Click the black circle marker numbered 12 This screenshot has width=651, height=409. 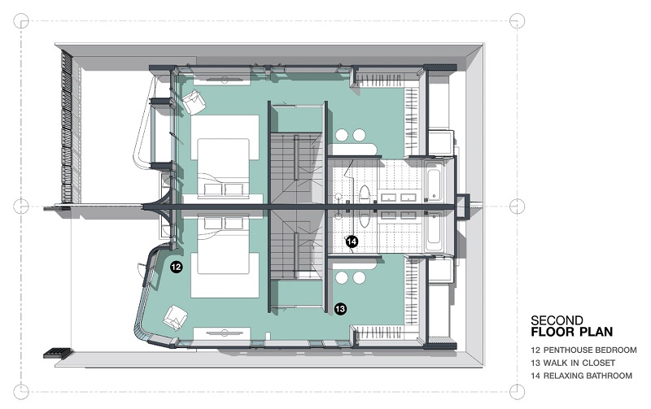tap(176, 267)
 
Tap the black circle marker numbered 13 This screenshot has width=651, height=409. tap(340, 309)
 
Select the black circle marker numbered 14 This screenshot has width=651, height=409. tap(352, 241)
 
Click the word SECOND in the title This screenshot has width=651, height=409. tap(557, 320)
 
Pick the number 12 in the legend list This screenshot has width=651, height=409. tap(535, 350)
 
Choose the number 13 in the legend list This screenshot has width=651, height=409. tap(535, 363)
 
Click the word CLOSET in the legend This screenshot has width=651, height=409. tap(598, 363)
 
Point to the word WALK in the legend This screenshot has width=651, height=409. tap(556, 363)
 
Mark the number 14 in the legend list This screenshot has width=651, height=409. tap(535, 376)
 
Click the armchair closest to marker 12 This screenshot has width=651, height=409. tap(176, 318)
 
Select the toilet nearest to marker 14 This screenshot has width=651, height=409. tap(364, 219)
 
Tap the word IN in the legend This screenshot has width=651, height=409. tap(575, 363)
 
